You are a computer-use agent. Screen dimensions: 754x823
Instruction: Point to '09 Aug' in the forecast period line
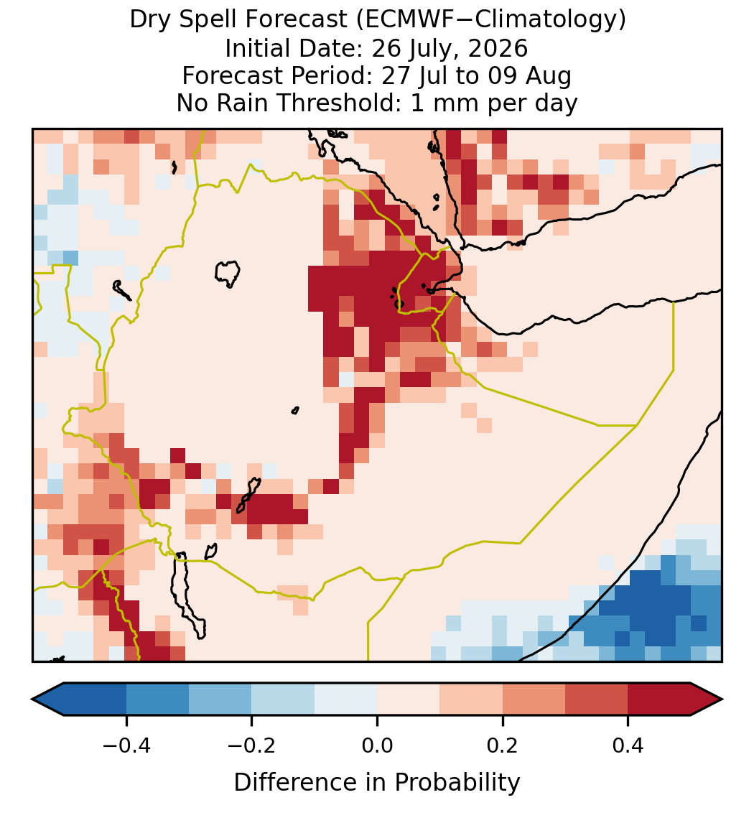[529, 76]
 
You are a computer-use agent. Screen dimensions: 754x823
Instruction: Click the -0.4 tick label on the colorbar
[126, 745]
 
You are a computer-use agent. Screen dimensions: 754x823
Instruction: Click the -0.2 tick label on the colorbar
[252, 745]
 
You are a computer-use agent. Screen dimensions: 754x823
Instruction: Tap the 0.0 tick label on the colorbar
[377, 745]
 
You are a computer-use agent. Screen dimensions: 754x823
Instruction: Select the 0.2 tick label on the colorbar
[503, 745]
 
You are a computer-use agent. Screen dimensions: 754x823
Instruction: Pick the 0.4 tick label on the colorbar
[628, 745]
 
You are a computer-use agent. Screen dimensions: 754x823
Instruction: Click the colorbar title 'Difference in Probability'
[377, 783]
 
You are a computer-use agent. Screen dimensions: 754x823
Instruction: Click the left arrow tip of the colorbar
[32, 699]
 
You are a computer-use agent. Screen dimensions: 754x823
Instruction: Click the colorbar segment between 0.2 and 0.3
[534, 699]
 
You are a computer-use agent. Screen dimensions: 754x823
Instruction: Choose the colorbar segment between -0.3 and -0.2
[220, 699]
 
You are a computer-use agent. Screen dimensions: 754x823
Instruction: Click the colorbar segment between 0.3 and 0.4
[597, 699]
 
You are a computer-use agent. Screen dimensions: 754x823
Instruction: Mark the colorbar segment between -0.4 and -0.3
[157, 699]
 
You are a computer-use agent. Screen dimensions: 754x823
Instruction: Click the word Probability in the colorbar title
[457, 783]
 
